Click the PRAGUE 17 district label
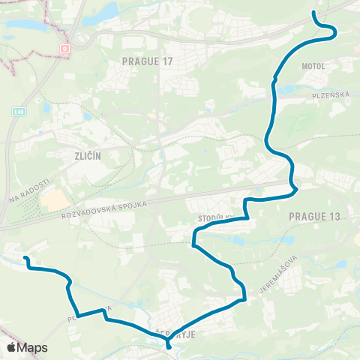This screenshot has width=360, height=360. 147,61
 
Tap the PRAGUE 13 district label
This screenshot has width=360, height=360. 313,216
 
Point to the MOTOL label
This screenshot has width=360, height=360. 313,65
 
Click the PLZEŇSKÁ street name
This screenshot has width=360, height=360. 327,95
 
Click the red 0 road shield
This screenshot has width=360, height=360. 64,47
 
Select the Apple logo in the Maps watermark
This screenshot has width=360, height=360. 11,347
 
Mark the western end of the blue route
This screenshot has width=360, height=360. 25,259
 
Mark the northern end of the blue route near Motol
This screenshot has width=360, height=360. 313,13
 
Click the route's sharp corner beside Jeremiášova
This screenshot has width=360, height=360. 245,301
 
